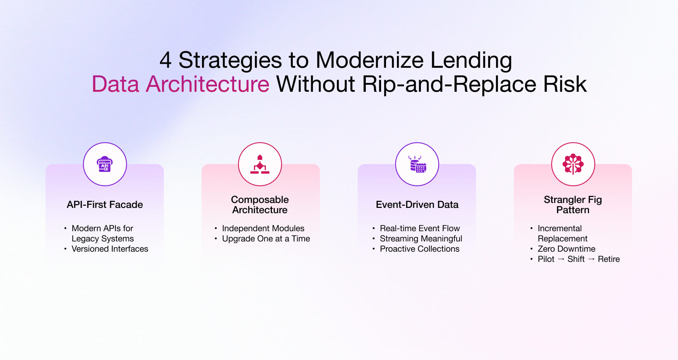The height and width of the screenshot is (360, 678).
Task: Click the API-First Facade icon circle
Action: [x=105, y=164]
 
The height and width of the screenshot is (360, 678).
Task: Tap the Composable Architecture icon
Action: [x=260, y=164]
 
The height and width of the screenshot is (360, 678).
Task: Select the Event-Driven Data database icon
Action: [x=417, y=164]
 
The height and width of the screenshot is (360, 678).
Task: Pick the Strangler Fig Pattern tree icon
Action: [x=573, y=164]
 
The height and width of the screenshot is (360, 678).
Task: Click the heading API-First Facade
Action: [x=105, y=205]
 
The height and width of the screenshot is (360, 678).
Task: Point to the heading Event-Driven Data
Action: [x=417, y=205]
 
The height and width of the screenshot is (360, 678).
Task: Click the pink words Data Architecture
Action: [x=180, y=84]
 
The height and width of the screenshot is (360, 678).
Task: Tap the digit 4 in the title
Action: [x=166, y=60]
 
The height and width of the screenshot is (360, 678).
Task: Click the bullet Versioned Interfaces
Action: [x=110, y=249]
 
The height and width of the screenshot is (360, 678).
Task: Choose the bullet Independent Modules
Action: [x=263, y=228]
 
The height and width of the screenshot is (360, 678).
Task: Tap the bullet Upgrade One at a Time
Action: [x=266, y=239]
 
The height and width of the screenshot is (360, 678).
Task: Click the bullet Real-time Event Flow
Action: [x=420, y=228]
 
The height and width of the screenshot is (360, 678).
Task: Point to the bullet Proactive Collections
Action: [x=420, y=249]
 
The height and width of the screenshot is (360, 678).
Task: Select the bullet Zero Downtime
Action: [x=566, y=249]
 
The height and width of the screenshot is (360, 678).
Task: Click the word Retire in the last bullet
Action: [x=609, y=259]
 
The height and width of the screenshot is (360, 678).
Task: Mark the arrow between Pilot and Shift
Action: [x=561, y=259]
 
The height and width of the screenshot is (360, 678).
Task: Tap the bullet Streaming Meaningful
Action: [x=421, y=239]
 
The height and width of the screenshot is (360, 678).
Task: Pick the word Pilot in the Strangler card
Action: [x=546, y=259]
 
